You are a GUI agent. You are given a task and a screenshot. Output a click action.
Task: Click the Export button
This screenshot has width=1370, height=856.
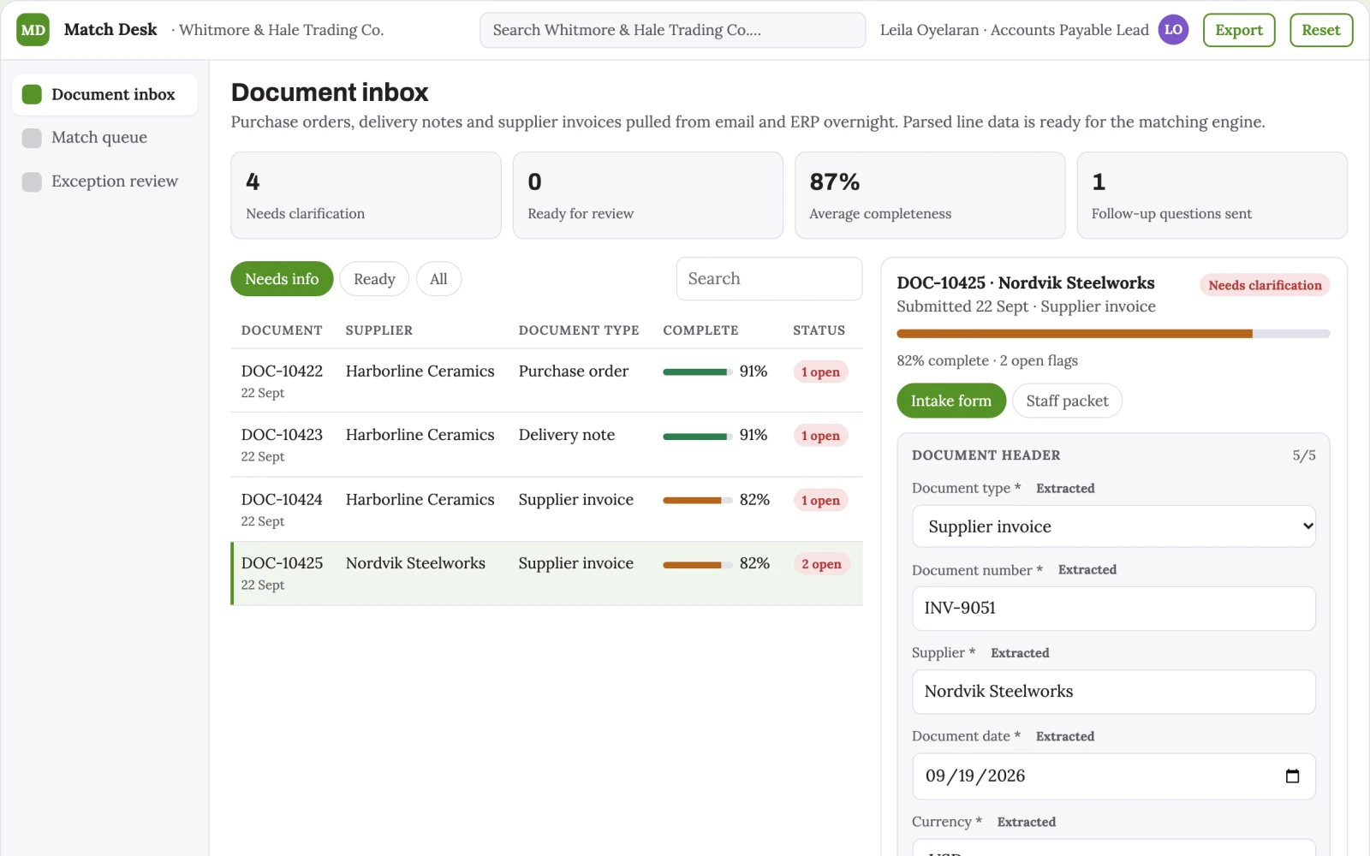[1238, 30]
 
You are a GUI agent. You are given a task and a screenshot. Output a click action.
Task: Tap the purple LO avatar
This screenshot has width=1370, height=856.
[1173, 30]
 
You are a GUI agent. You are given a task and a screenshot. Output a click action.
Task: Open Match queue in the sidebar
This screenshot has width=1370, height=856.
[99, 138]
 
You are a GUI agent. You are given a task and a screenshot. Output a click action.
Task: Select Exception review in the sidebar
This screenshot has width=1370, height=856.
[115, 181]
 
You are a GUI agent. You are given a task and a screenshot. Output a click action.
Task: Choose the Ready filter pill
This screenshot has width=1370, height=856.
[374, 279]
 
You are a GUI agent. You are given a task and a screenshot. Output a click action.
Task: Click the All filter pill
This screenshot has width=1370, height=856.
[438, 279]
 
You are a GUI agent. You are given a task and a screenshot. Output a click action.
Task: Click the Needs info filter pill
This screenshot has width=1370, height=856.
[282, 279]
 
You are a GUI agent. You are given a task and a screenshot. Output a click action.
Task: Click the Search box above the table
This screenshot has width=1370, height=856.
[770, 279]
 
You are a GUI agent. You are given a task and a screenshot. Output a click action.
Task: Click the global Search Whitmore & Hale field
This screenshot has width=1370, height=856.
[673, 30]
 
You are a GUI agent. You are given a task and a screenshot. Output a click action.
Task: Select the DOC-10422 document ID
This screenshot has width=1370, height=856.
[282, 372]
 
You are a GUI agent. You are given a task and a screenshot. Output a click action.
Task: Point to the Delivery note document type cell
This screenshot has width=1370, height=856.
[566, 435]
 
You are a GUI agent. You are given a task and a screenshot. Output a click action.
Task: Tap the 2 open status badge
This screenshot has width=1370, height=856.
[821, 564]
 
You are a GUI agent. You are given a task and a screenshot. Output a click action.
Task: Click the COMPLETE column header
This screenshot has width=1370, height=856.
[701, 330]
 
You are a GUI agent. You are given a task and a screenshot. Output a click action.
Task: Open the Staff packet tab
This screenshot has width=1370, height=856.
[1067, 401]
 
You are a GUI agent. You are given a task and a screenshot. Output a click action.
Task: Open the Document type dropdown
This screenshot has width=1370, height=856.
[1114, 526]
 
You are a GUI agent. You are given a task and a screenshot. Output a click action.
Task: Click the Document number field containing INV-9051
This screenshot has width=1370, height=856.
[1114, 609]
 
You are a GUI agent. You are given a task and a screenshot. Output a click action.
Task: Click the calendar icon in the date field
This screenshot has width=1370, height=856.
[1292, 776]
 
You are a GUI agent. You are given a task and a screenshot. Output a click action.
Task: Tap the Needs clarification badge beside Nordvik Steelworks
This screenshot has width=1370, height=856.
[1265, 286]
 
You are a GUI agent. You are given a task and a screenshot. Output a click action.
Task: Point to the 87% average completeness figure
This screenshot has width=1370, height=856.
[835, 181]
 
